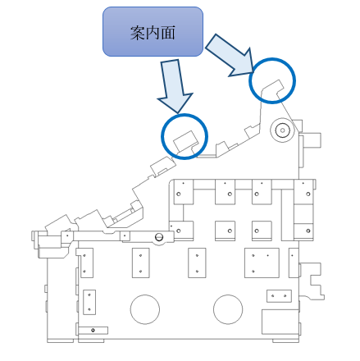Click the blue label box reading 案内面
point(153,32)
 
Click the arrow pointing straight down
point(174,85)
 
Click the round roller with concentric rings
point(282,130)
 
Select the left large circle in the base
point(145,309)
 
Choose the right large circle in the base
point(228,309)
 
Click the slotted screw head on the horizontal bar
point(159,237)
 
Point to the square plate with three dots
point(262,263)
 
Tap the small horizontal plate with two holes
point(279,296)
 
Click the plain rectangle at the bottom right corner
point(280,322)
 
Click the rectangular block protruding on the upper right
point(311,140)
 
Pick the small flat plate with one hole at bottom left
point(93,331)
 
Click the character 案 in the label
point(138,33)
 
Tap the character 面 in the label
point(168,33)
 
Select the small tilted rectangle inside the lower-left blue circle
point(185,141)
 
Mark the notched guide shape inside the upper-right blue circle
point(272,88)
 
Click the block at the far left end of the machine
point(51,244)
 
